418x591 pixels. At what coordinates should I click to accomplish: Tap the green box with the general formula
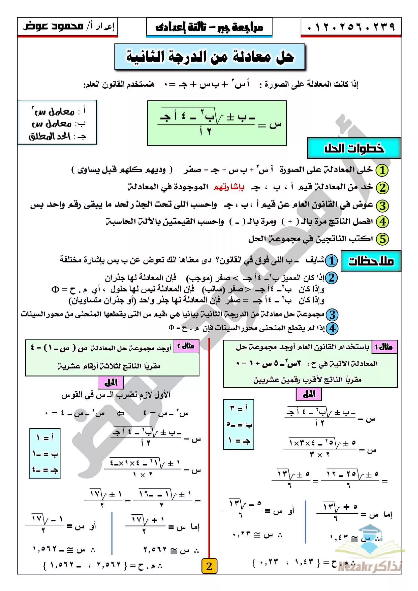(217, 123)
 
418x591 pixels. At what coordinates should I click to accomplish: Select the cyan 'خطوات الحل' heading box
(354, 148)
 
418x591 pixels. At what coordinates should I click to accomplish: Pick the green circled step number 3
(382, 205)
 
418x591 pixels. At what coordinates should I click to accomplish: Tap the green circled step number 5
(382, 239)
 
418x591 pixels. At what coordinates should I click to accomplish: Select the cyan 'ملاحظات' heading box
(371, 261)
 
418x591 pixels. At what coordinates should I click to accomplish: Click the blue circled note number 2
(332, 278)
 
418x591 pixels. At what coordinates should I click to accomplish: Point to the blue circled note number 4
(332, 329)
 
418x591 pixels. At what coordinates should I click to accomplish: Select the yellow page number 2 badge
(209, 566)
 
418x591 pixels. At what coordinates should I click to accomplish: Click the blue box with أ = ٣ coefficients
(239, 424)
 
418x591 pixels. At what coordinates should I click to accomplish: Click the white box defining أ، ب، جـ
(57, 122)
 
